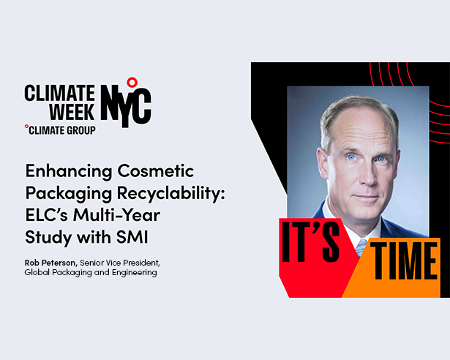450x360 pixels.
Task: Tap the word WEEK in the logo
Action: coord(71,111)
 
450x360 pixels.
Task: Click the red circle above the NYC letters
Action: coord(132,81)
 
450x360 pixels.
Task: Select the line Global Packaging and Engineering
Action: coord(91,273)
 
